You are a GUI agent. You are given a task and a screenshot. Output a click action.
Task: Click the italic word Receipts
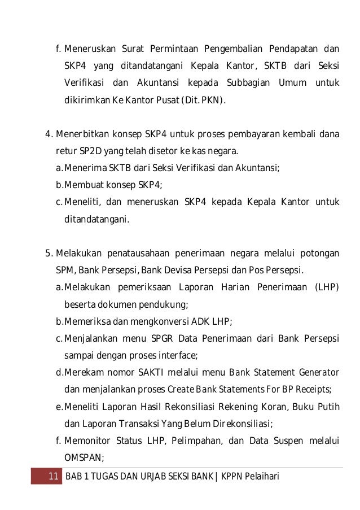[x=311, y=389]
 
